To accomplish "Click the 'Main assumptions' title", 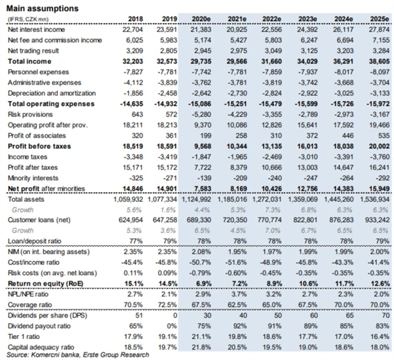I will coord(43,9).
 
